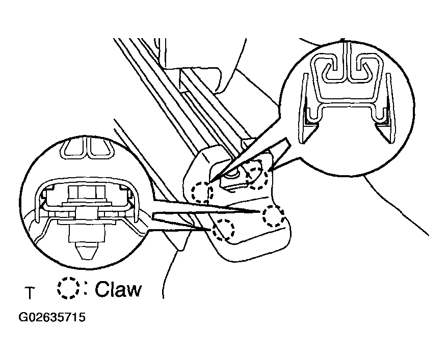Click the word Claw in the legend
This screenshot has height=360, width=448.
(x=118, y=289)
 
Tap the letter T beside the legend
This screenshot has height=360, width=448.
(x=30, y=293)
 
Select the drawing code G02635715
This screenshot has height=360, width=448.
(x=52, y=317)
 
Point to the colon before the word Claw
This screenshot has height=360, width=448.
(x=85, y=289)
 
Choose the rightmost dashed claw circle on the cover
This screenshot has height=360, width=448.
(x=273, y=216)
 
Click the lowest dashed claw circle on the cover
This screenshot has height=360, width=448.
(x=223, y=230)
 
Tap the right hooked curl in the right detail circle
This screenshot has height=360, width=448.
(x=361, y=69)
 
